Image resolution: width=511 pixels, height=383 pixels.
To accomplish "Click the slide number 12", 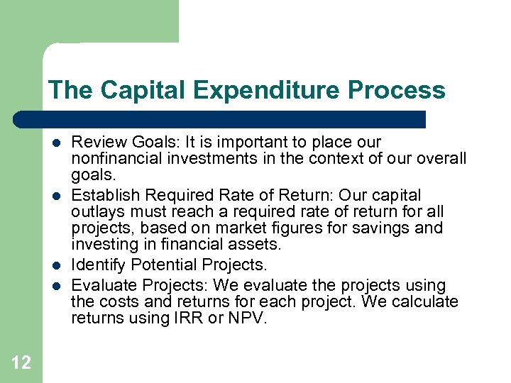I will click(21, 363).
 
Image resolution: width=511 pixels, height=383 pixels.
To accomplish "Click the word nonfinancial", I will click(113, 158).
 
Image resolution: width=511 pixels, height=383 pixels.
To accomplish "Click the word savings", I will click(383, 228).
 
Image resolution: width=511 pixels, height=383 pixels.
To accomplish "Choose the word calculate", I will click(425, 302).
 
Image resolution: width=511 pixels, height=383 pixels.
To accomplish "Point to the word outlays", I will click(96, 211).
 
